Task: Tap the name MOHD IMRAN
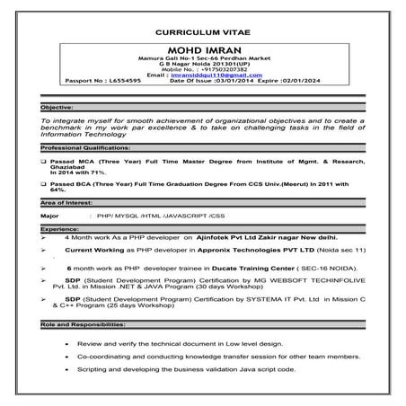pyautogui.click(x=204, y=43)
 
